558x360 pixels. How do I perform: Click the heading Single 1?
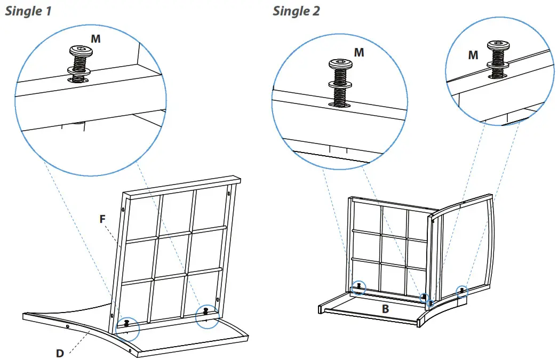[x=28, y=11]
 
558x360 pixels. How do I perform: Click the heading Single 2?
[x=296, y=11]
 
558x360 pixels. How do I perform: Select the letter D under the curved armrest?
[x=60, y=353]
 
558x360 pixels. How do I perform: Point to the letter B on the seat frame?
[x=385, y=309]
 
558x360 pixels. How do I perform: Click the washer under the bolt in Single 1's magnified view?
[x=78, y=70]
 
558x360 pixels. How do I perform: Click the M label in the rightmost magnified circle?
[x=473, y=55]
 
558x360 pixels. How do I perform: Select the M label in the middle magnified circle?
[x=359, y=52]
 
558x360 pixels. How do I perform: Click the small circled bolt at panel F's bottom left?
[x=127, y=323]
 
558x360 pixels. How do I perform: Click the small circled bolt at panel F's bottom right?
[x=205, y=313]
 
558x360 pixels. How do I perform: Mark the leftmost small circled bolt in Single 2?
[x=360, y=287]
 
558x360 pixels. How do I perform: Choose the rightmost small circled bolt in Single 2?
[x=461, y=291]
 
